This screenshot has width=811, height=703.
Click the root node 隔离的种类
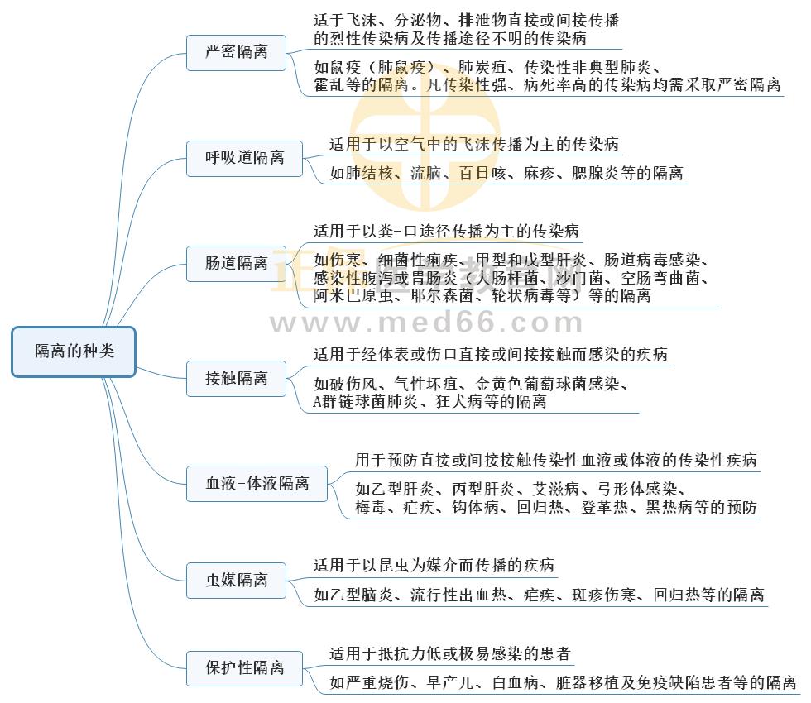pos(74,351)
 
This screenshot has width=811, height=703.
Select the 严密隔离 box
pos(237,52)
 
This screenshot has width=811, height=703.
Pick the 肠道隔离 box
pos(237,264)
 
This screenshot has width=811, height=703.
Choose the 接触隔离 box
pos(237,378)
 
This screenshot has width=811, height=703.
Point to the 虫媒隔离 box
pos(237,580)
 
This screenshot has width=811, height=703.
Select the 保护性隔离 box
pos(245,667)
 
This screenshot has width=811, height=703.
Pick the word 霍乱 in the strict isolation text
pos(330,85)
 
